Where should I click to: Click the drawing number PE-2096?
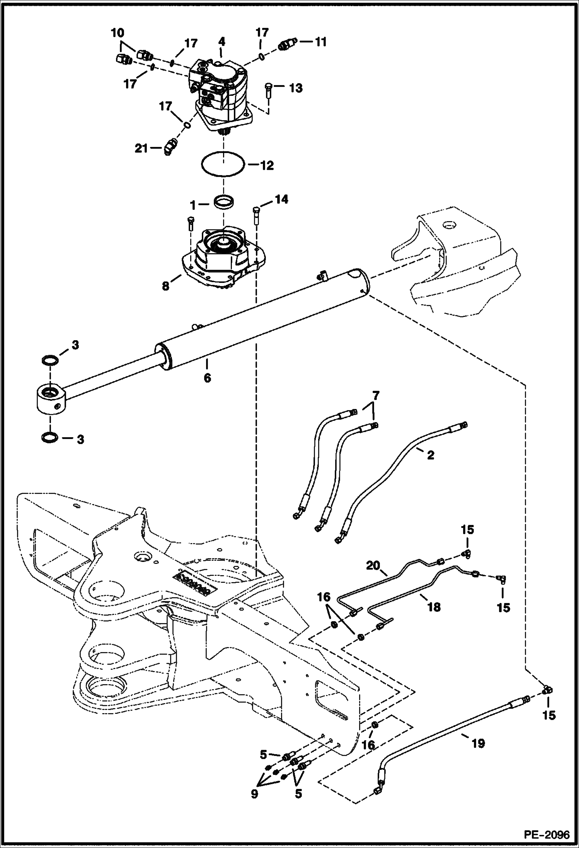click(x=546, y=834)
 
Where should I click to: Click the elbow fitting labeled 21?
click(x=169, y=148)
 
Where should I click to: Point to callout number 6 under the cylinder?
click(x=208, y=378)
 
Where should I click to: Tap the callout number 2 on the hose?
click(x=430, y=455)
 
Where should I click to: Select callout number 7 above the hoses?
click(x=375, y=395)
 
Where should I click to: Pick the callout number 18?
click(x=434, y=607)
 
